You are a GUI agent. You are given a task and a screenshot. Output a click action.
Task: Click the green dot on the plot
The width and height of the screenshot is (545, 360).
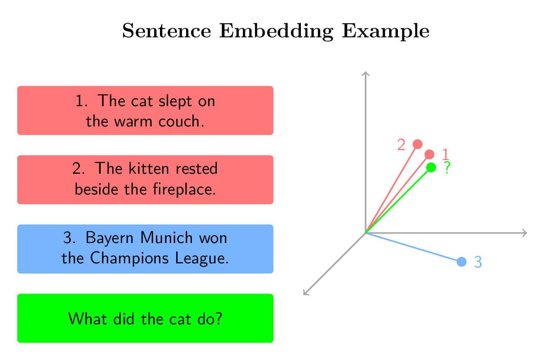431,167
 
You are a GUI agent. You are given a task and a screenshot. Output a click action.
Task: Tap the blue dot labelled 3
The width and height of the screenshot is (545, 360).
461,262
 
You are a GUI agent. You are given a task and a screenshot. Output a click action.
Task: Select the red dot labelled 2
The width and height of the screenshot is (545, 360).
418,144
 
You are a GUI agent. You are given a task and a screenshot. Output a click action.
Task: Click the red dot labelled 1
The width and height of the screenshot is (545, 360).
430,154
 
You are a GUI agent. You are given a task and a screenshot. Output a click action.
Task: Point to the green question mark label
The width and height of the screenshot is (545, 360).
446,168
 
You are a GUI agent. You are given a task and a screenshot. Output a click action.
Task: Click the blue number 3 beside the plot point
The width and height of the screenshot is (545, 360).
477,262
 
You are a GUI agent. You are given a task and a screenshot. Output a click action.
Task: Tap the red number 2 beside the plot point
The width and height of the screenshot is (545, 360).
401,145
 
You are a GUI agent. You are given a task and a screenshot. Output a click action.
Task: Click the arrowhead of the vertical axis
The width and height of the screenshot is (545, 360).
365,73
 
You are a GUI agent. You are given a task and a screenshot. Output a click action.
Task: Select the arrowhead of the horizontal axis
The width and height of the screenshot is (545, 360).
525,233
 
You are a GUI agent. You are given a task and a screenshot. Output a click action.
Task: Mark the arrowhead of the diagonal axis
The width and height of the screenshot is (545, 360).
305,293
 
